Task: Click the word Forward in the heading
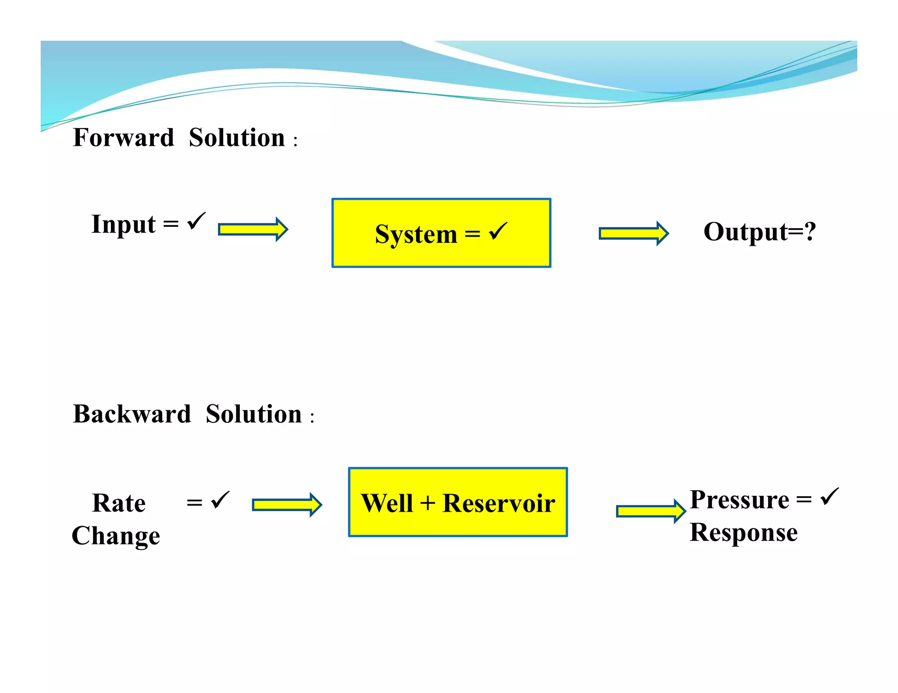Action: [124, 138]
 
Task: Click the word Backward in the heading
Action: [132, 414]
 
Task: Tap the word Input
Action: [123, 225]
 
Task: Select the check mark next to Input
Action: [196, 221]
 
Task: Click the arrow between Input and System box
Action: [253, 229]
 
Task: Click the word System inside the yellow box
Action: [416, 234]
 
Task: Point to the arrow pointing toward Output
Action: [634, 233]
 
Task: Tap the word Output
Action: [745, 232]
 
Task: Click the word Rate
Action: [119, 503]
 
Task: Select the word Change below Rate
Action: [116, 536]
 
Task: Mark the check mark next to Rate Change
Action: [220, 500]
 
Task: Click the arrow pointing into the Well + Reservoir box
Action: [287, 505]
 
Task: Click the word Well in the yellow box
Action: [387, 503]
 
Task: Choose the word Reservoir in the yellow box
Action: [499, 503]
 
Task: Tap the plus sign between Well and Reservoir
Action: [428, 503]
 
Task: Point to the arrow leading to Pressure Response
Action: [651, 511]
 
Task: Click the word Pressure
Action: [739, 500]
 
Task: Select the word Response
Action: [743, 533]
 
